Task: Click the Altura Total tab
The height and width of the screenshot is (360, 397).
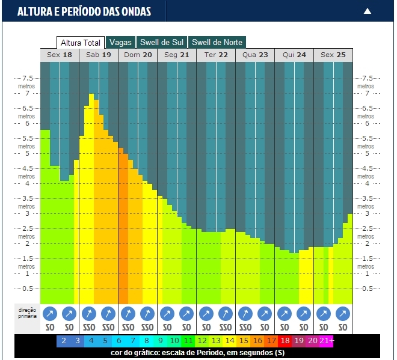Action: (81, 43)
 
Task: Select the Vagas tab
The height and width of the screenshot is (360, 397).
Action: (120, 43)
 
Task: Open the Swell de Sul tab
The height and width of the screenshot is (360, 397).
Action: (161, 43)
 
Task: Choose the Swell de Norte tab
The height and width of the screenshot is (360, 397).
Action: (217, 43)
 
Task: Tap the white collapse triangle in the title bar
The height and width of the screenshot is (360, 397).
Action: (368, 11)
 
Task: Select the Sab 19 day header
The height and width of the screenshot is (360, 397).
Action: (99, 55)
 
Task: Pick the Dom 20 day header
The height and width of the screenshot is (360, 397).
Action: (138, 55)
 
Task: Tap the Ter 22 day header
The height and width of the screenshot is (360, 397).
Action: (216, 55)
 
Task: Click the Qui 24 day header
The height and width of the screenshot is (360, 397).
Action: (294, 55)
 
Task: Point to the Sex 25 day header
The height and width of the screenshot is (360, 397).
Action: (333, 55)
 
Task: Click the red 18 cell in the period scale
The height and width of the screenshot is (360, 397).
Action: (285, 341)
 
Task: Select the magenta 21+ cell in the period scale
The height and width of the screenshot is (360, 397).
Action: (327, 341)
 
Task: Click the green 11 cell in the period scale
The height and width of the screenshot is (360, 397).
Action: (188, 341)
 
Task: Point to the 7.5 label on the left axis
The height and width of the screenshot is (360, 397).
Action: (28, 78)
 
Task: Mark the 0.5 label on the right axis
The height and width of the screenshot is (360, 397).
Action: (368, 288)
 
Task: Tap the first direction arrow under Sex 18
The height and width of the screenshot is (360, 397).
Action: (51, 314)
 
